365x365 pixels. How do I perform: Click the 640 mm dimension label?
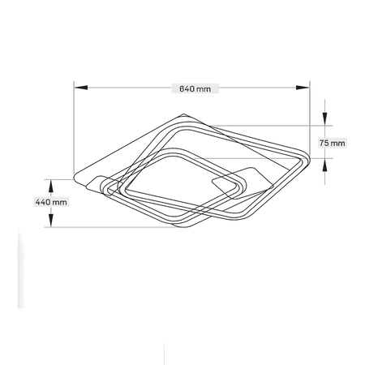(x=195, y=88)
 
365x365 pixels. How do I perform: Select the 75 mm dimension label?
(x=333, y=143)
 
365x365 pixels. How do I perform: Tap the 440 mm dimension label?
(x=51, y=202)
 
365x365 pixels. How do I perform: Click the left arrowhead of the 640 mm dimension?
(x=81, y=88)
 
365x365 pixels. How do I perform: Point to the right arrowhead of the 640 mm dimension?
(x=303, y=88)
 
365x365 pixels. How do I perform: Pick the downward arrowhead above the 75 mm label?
(x=325, y=119)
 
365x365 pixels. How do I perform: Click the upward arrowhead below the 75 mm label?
(x=325, y=165)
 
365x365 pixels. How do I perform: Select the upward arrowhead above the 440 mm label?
(x=50, y=186)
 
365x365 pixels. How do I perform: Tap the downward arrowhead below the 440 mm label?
(x=50, y=221)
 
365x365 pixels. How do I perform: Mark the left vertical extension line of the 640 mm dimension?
(x=74, y=129)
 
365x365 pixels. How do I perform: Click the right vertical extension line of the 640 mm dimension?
(x=310, y=119)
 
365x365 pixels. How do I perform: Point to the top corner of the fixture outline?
(x=184, y=114)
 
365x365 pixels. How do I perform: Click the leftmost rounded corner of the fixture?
(x=75, y=178)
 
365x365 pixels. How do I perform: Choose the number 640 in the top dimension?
(x=187, y=88)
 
